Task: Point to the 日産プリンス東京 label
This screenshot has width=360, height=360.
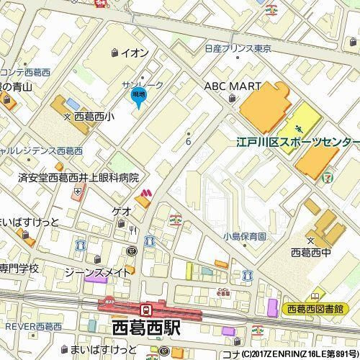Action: point(237,50)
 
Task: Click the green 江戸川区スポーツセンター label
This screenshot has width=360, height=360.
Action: point(297,143)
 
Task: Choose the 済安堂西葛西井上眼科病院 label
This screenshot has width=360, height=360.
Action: point(78,177)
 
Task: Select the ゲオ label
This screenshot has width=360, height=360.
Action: point(121,212)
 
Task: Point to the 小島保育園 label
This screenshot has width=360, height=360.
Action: point(244,236)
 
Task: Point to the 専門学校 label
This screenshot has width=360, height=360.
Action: point(19,268)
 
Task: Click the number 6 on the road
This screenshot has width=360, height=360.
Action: point(188,141)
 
